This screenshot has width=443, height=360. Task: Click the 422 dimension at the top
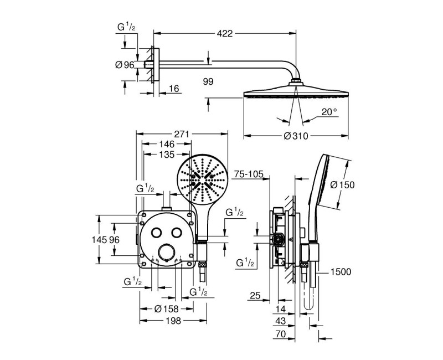pos(224,33)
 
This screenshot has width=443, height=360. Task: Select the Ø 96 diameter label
pos(125,65)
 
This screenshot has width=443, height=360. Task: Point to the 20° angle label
pos(328,112)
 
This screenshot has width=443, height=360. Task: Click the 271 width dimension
pos(181,134)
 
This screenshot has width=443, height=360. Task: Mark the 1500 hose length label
pos(341,271)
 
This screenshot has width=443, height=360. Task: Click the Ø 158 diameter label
pos(166,308)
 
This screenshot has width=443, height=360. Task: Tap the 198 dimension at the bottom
pos(172,321)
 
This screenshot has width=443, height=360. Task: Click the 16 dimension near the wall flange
pos(174,89)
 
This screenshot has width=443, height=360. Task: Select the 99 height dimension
pos(208,81)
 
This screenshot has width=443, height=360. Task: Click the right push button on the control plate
pos(177,233)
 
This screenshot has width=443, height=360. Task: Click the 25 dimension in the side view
pos(254,296)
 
